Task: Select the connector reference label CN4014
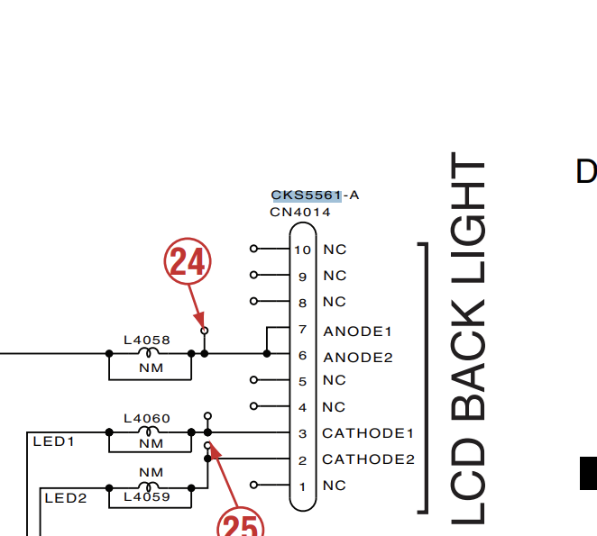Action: [300, 213]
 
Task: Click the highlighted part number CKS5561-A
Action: [315, 195]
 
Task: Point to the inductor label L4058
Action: [147, 341]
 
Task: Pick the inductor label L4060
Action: [147, 419]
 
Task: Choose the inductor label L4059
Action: [147, 497]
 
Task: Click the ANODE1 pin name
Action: [357, 332]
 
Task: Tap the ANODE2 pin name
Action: [358, 358]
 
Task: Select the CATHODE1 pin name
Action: [368, 433]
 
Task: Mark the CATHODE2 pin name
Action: [368, 459]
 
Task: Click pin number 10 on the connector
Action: [303, 250]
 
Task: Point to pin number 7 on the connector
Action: [303, 329]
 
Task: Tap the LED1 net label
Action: [54, 441]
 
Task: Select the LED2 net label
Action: [66, 498]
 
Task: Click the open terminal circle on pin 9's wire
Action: [253, 275]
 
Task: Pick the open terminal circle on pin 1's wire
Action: [253, 485]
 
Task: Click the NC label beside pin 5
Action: [335, 380]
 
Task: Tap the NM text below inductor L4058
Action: [152, 368]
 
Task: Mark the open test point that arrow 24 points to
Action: [205, 331]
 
